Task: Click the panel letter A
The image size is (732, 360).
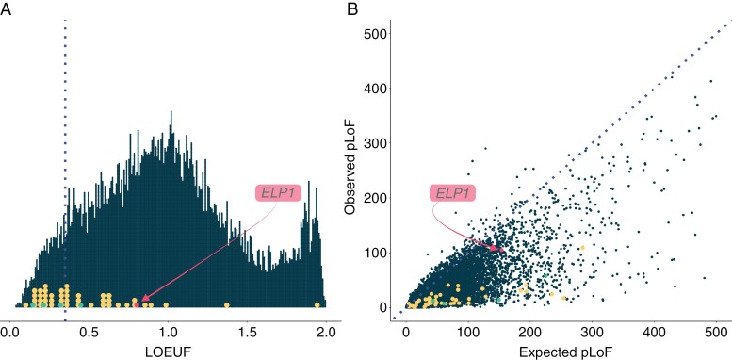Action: (5, 8)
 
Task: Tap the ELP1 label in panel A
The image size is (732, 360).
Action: (278, 193)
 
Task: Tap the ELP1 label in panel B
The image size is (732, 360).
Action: (452, 193)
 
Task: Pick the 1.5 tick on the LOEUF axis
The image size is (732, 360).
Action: (246, 333)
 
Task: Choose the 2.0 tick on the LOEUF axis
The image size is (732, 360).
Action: (325, 333)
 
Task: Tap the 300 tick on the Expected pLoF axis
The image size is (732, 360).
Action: (592, 333)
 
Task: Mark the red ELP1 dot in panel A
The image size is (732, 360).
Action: (137, 305)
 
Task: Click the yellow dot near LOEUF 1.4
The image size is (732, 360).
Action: (226, 305)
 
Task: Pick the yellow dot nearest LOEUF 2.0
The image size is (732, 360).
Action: (317, 305)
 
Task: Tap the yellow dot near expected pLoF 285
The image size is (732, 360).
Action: (582, 248)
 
